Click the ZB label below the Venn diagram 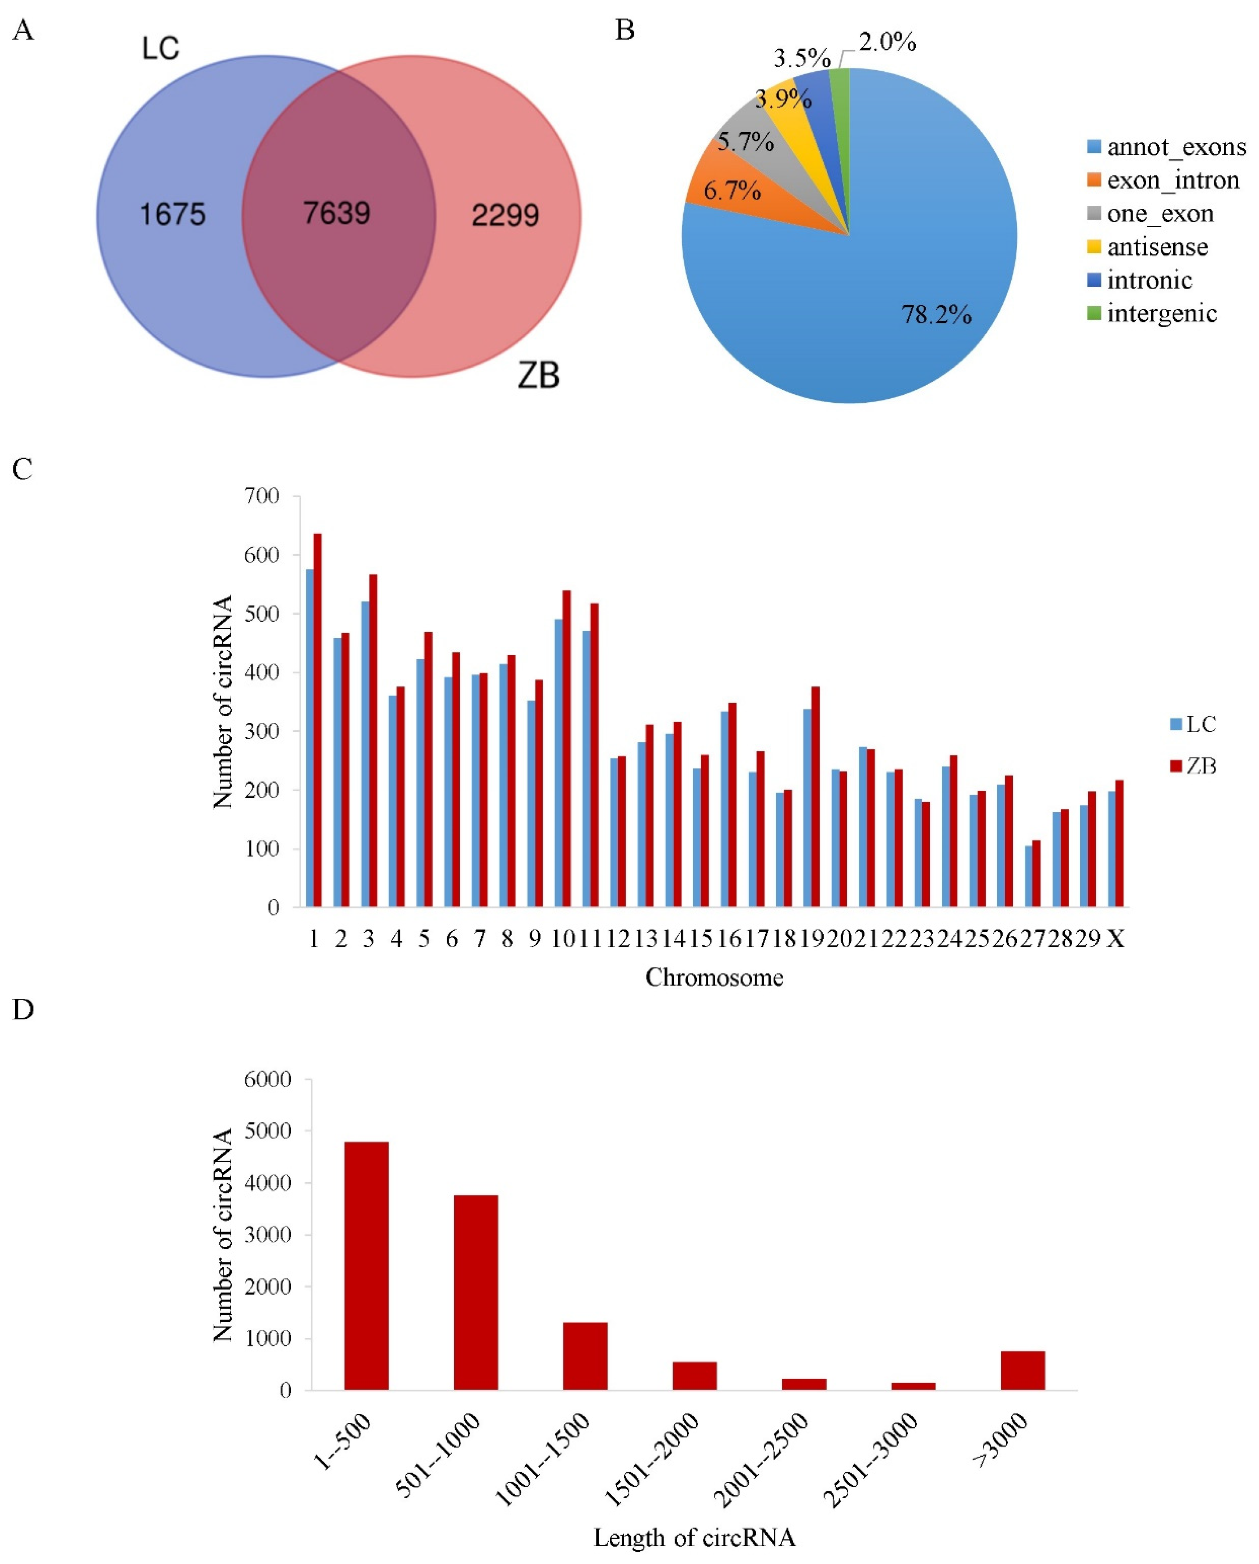(x=539, y=376)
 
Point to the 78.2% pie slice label (x=936, y=314)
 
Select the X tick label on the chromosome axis (x=1115, y=939)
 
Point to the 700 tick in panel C (x=262, y=496)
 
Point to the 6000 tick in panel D (x=268, y=1079)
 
